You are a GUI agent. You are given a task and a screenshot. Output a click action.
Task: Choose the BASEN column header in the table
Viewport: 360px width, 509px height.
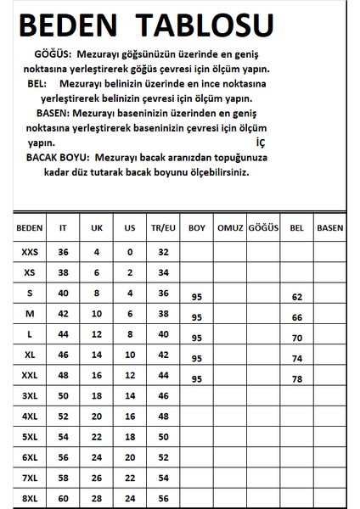329,228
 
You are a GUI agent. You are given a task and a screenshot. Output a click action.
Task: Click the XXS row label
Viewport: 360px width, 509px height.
29,252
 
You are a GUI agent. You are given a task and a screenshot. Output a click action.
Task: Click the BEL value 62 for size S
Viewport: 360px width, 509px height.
296,298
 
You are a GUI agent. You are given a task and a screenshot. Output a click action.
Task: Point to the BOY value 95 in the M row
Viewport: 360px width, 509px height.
196,317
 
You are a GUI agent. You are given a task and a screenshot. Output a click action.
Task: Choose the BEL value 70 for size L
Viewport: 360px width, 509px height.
296,338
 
